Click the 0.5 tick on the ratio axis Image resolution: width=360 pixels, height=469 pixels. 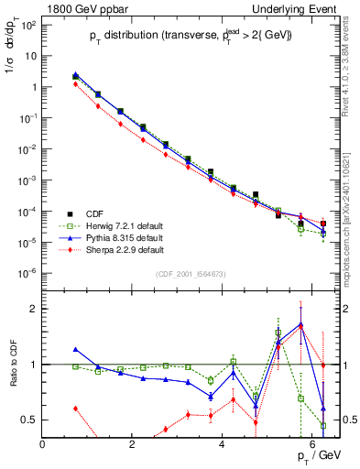click(30, 420)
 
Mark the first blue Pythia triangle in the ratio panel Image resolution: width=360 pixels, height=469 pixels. click(75, 349)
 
